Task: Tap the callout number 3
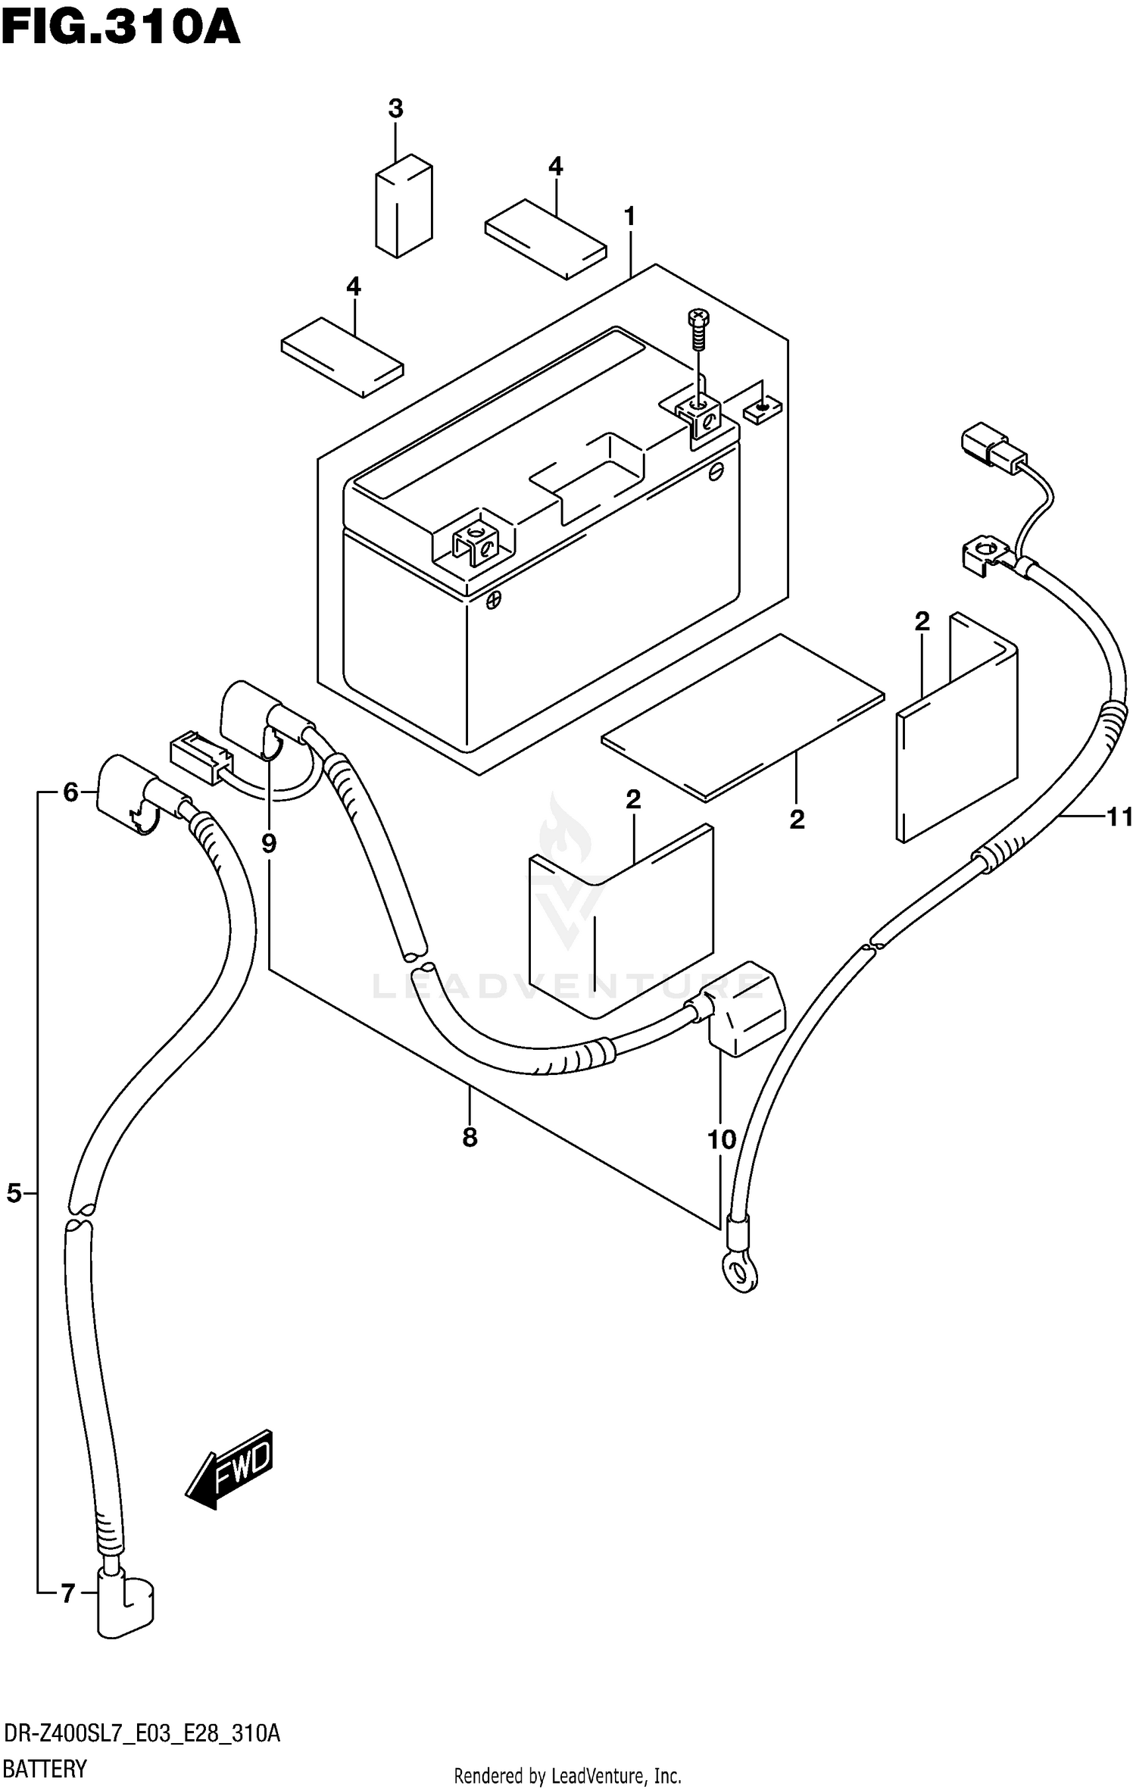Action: click(x=395, y=109)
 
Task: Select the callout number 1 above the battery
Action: click(x=629, y=217)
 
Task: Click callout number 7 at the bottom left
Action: click(x=68, y=1595)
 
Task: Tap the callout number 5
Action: click(x=14, y=1195)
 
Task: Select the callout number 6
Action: click(x=70, y=792)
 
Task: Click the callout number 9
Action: click(x=269, y=843)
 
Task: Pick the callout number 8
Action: click(x=470, y=1137)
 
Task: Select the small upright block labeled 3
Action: click(x=404, y=205)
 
